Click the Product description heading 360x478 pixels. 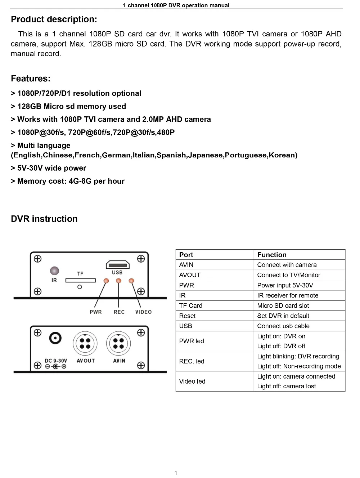click(x=54, y=19)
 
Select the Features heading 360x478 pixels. click(x=31, y=79)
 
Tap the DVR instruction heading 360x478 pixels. click(x=44, y=219)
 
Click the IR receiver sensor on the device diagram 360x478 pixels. click(x=54, y=271)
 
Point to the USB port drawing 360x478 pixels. click(x=117, y=265)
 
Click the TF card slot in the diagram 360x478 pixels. click(x=80, y=280)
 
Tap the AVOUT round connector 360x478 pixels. click(x=85, y=344)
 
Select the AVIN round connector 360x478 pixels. click(x=118, y=344)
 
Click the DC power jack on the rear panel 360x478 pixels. click(x=55, y=338)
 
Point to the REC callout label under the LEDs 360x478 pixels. click(x=119, y=312)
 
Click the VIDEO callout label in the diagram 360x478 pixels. click(x=143, y=312)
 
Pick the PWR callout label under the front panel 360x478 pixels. click(x=96, y=312)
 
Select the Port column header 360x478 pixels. click(x=186, y=255)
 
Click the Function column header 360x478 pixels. click(x=272, y=255)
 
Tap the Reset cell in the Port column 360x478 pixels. click(x=187, y=316)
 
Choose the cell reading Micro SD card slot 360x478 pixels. click(x=283, y=306)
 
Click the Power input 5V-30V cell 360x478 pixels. click(x=285, y=285)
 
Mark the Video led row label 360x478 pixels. click(x=192, y=381)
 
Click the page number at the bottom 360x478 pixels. click(x=176, y=473)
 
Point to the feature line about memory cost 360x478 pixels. click(x=68, y=181)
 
